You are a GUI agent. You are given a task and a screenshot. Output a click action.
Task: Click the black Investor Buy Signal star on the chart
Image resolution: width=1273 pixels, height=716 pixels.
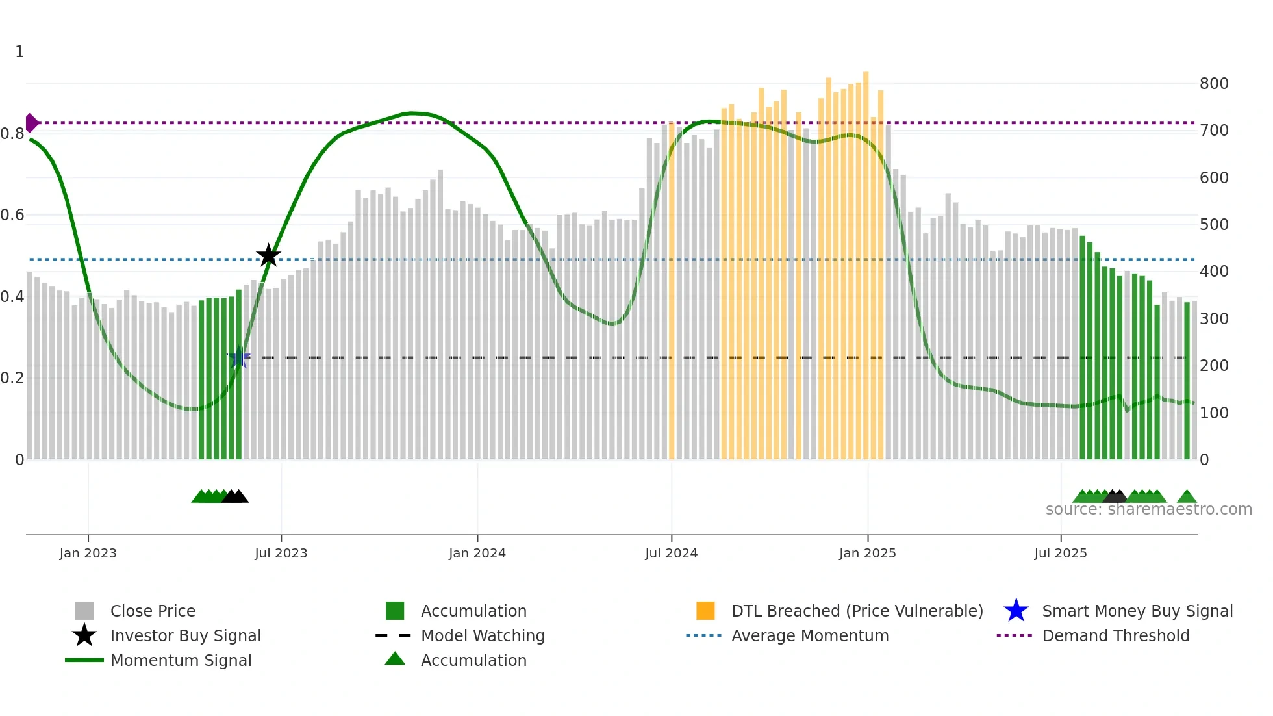tap(268, 256)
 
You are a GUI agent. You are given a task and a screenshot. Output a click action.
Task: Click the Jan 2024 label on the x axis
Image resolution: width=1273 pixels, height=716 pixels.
tap(477, 553)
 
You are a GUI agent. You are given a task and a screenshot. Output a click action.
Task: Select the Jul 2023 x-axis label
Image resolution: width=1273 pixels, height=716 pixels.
tap(281, 553)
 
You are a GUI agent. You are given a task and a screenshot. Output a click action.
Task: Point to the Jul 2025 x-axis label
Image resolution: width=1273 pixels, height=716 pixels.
tap(1060, 553)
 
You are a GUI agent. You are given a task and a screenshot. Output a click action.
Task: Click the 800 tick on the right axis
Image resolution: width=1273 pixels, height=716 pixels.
tap(1214, 84)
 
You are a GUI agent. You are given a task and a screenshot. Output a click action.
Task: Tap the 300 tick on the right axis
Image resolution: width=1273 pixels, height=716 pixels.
tap(1214, 319)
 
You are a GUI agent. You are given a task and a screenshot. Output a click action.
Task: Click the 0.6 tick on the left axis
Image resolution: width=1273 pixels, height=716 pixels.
tap(12, 215)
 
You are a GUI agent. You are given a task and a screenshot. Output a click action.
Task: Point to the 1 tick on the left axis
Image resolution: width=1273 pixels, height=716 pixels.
tap(19, 52)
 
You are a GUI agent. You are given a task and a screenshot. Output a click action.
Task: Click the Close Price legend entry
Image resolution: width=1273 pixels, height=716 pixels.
tap(152, 611)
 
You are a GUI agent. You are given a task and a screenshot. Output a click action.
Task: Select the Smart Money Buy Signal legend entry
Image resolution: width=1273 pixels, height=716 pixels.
tap(1137, 611)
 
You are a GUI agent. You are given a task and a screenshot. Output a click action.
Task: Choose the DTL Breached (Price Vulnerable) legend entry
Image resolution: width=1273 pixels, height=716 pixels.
tap(857, 611)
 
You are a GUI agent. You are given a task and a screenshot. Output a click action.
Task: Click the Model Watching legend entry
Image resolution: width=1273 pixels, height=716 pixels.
tap(482, 635)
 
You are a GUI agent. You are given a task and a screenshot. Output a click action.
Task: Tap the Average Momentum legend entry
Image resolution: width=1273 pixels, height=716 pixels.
tap(809, 635)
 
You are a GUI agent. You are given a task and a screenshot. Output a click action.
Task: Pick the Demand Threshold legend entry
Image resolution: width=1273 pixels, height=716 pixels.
tap(1115, 635)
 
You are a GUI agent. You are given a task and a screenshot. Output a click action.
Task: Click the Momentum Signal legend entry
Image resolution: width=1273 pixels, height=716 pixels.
tap(181, 660)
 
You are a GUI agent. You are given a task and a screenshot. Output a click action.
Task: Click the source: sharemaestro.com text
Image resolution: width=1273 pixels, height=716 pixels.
tap(1148, 509)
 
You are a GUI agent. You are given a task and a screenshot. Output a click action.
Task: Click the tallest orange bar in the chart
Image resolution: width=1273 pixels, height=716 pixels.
tap(866, 260)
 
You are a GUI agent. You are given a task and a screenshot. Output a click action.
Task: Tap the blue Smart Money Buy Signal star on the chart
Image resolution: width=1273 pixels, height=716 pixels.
tap(238, 357)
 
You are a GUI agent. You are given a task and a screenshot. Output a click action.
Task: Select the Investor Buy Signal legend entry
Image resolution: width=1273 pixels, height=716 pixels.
tap(185, 635)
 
